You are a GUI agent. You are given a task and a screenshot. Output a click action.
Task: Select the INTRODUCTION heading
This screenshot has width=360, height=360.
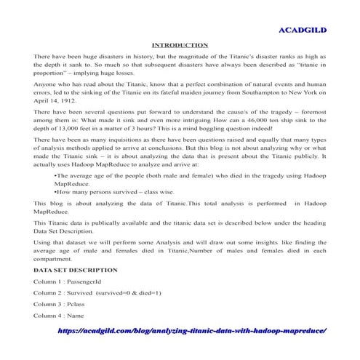click(180, 45)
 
